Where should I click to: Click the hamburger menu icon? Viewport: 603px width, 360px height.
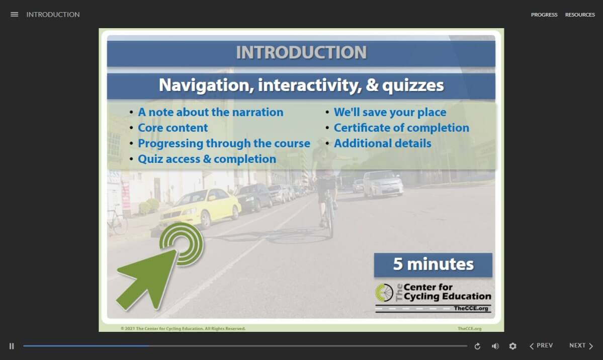pos(14,15)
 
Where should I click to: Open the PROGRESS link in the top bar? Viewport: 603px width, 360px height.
pos(544,15)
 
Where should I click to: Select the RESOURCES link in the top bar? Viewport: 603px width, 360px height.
pos(580,15)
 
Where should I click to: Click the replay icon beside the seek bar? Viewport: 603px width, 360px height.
pos(477,346)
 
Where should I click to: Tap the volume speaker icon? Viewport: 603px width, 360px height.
pos(495,346)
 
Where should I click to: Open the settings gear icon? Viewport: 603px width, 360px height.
pos(512,346)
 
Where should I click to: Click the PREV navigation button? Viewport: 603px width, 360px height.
pos(541,345)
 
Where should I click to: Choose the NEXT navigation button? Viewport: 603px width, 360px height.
pos(581,345)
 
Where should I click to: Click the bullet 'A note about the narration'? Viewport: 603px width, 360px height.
pos(210,112)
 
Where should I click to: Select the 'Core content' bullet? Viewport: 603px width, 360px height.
pos(173,128)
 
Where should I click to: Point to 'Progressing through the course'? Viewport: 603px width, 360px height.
pos(224,143)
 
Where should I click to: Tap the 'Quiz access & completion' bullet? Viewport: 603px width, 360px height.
pos(207,159)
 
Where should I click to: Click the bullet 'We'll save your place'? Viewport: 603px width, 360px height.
pos(390,112)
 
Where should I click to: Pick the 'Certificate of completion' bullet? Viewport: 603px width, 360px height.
pos(401,128)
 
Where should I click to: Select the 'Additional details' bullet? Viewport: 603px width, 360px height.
pos(382,143)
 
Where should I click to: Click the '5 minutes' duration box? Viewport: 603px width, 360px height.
pos(433,264)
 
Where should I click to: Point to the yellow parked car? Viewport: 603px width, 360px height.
pos(201,207)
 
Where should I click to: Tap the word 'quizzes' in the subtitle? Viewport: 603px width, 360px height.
pos(413,85)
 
